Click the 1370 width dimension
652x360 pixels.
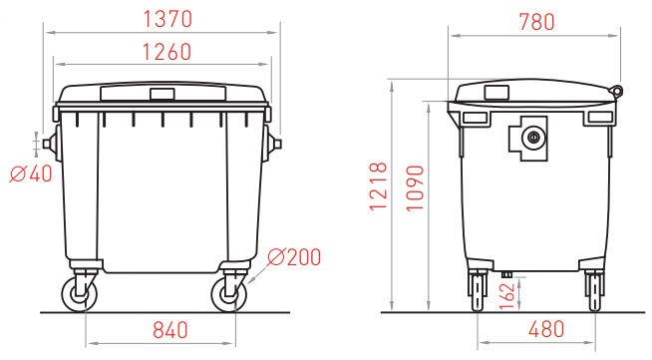[x=167, y=19]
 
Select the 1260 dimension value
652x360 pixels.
[x=167, y=52]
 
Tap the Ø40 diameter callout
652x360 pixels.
[x=31, y=174]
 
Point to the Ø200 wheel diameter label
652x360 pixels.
[x=294, y=257]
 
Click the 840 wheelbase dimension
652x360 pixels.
[x=170, y=330]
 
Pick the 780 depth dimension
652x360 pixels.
[x=536, y=22]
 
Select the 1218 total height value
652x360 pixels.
[x=379, y=186]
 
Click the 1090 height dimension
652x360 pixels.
[x=415, y=188]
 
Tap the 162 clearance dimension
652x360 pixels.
[x=506, y=296]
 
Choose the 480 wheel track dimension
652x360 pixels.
[x=546, y=330]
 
